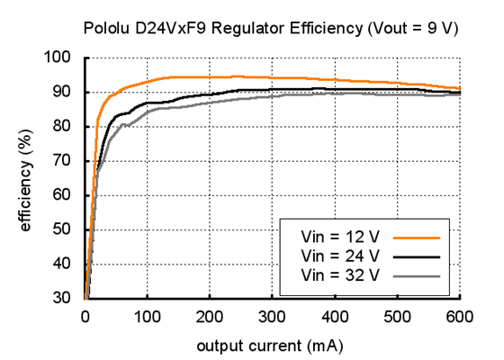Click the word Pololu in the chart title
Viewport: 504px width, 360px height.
pos(106,28)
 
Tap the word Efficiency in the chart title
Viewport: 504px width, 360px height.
pos(305,28)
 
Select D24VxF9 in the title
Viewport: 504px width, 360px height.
pos(173,28)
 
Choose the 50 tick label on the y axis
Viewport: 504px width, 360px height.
pos(65,229)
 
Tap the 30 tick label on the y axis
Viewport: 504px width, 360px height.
pos(65,298)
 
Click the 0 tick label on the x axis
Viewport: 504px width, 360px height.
pos(85,316)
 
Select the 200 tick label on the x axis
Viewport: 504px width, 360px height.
pos(210,316)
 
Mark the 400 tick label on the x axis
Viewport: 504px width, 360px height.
pos(335,316)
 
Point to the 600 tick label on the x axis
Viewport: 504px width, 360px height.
pos(460,316)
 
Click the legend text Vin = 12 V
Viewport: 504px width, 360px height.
pos(342,238)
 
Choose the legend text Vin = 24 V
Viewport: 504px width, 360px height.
pos(342,256)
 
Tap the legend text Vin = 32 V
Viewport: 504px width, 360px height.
pos(342,274)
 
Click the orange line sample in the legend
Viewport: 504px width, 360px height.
pos(420,238)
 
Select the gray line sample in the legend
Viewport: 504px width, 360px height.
pos(420,274)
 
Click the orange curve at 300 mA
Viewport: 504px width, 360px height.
pos(273,77)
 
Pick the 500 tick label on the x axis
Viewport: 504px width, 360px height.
pos(398,316)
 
